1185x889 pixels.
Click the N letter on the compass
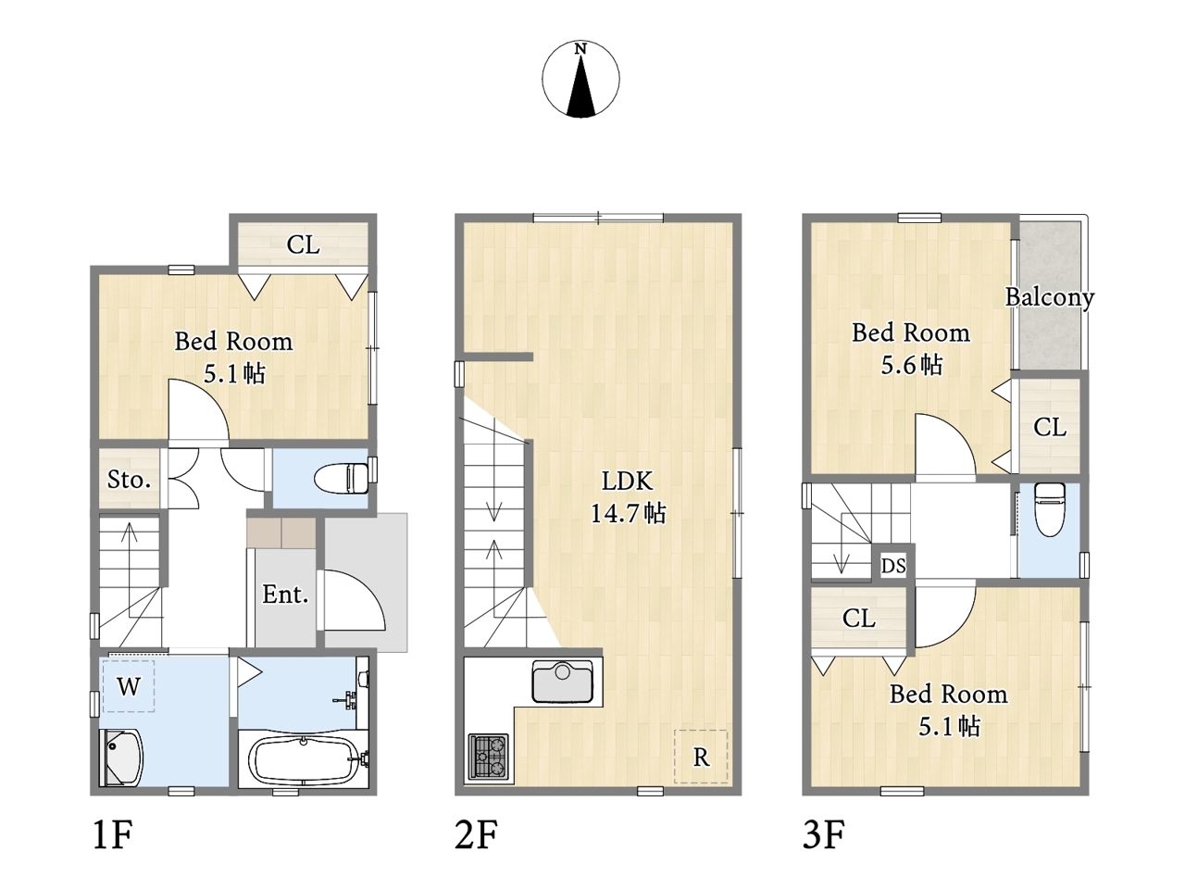tap(580, 49)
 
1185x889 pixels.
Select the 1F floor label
tap(112, 834)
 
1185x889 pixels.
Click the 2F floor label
tap(476, 834)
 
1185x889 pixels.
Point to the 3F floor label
tap(824, 834)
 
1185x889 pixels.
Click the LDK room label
tap(627, 481)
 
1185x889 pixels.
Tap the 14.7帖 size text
tap(628, 513)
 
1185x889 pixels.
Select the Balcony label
tap(1050, 297)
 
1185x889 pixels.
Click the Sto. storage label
tap(129, 480)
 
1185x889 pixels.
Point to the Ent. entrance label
tap(285, 595)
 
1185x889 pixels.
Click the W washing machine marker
tap(129, 686)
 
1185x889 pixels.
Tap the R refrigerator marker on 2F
tap(701, 758)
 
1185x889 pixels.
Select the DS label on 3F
tap(893, 566)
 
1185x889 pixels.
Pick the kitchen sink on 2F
tap(563, 681)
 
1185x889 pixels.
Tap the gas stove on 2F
tap(488, 756)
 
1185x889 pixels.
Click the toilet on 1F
tap(342, 478)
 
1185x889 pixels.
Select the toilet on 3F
tap(1049, 509)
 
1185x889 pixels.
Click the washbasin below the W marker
tap(119, 758)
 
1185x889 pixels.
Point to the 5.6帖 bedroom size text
tap(912, 365)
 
